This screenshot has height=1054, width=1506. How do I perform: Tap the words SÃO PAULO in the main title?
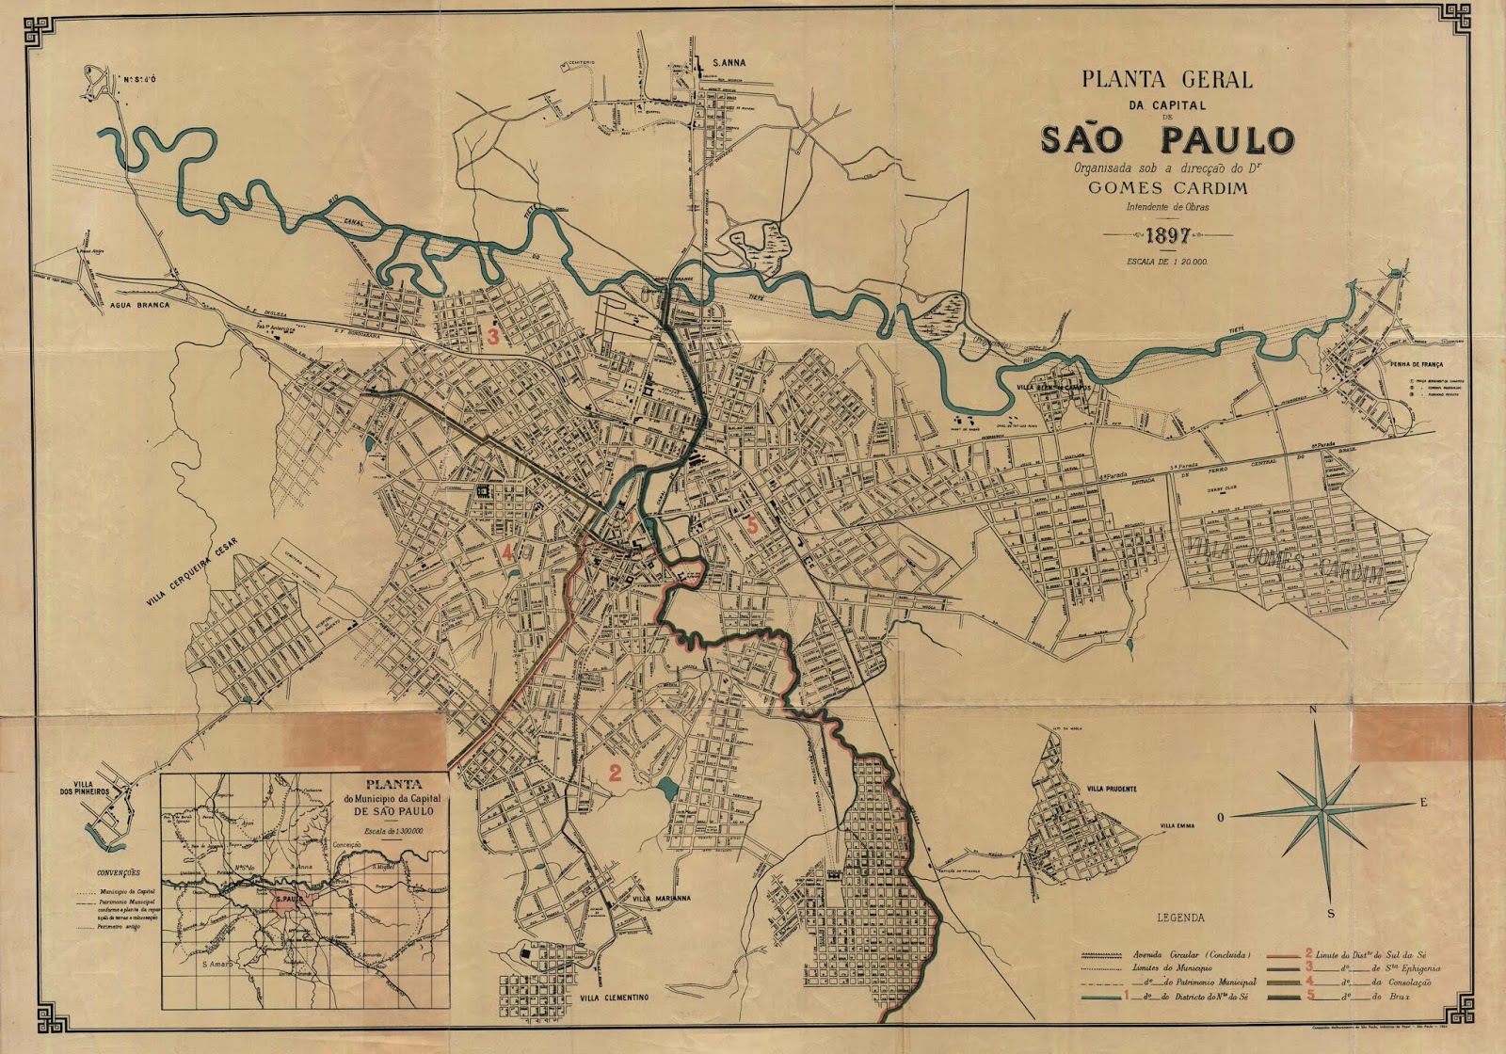[x=1167, y=139]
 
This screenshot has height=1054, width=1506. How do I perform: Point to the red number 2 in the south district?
[x=615, y=775]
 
